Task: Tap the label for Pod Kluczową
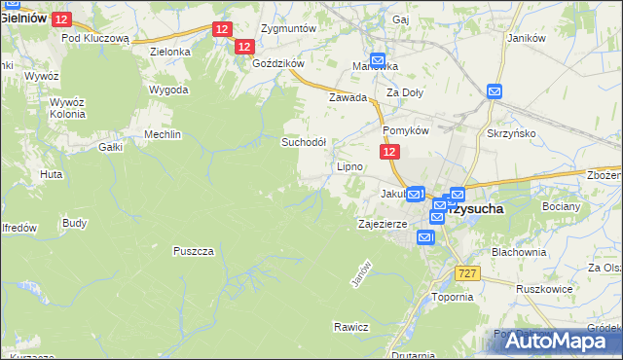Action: [95, 39]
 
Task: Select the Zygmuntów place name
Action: [289, 28]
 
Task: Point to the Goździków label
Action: [278, 62]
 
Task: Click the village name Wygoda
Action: [168, 90]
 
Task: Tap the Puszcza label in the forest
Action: [193, 250]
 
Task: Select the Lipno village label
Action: [349, 166]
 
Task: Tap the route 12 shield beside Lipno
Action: [388, 153]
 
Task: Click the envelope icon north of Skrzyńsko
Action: [494, 91]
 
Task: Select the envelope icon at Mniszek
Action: [377, 59]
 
